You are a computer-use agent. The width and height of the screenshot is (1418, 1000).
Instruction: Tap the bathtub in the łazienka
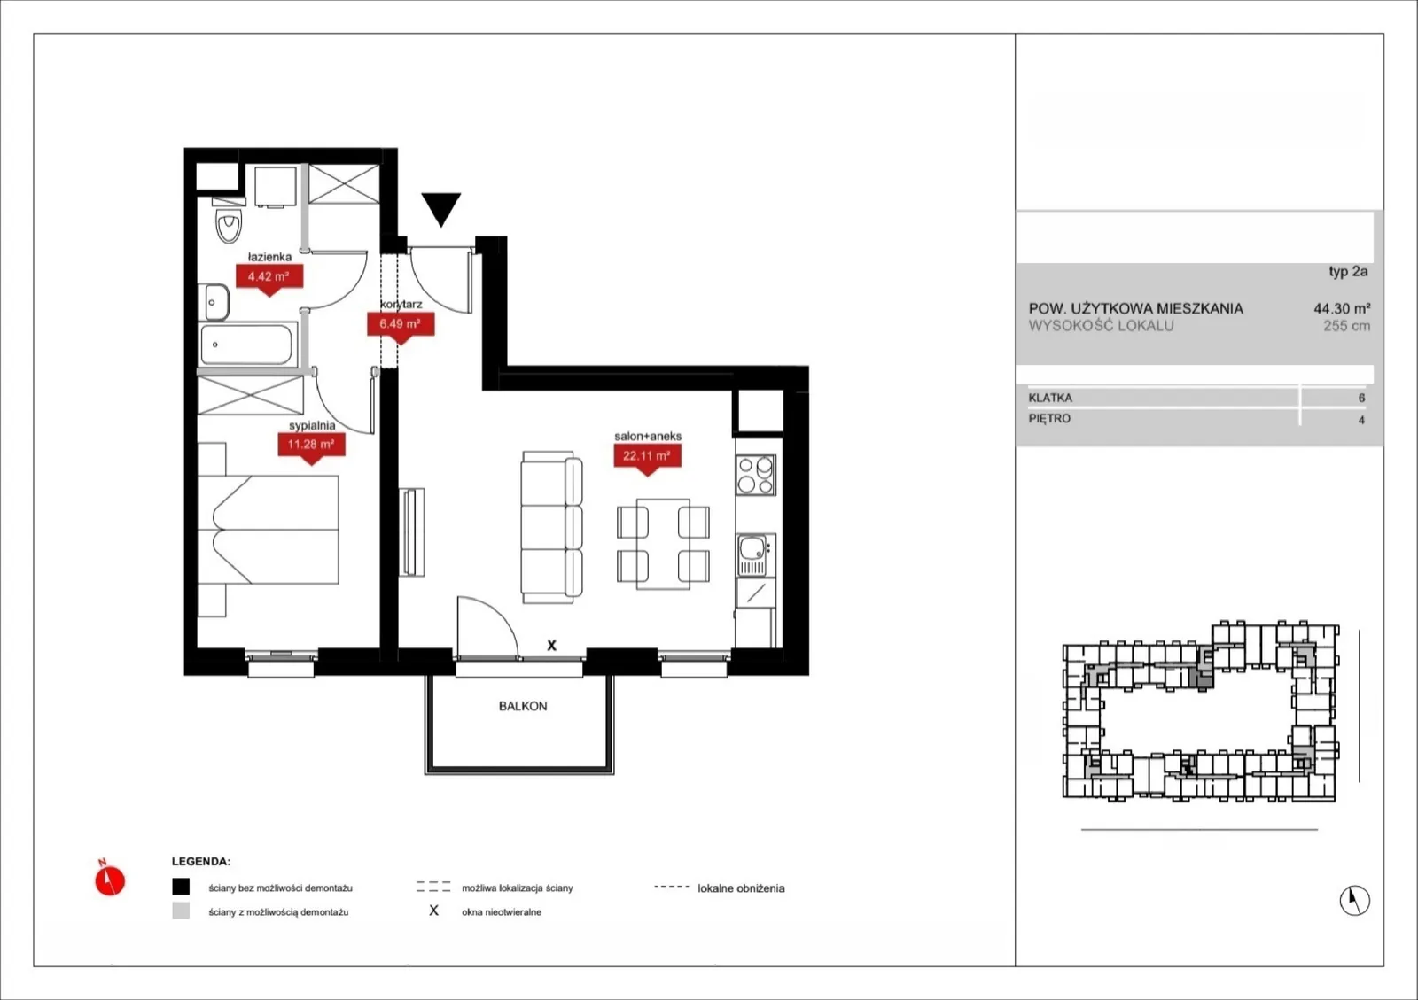pos(247,344)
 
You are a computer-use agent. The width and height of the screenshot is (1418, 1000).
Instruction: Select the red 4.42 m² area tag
pos(269,277)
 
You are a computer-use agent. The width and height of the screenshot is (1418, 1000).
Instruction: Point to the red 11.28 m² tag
pos(311,446)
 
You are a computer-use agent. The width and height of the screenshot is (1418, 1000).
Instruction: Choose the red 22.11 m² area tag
pos(648,457)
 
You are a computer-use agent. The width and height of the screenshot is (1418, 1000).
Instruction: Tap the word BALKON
pos(523,706)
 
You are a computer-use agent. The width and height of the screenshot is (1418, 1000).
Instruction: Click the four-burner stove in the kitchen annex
pos(756,475)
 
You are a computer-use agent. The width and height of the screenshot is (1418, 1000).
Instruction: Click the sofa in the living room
pos(551,527)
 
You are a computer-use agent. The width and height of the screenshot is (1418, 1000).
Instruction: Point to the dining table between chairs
pos(663,544)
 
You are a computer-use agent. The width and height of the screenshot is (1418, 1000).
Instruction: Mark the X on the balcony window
pos(551,645)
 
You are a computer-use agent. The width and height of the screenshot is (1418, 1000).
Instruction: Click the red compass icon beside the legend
pos(110,878)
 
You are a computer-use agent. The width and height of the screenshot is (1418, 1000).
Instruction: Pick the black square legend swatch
pos(181,887)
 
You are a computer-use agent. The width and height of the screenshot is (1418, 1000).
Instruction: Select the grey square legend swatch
pos(181,911)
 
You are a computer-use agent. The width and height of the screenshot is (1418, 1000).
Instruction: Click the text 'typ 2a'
pos(1348,272)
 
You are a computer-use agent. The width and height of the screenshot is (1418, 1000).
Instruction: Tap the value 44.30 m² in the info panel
pos(1342,308)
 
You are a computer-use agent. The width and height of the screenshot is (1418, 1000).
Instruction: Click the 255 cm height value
pos(1346,326)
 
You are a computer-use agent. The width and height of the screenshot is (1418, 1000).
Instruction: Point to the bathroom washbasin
pos(214,302)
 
